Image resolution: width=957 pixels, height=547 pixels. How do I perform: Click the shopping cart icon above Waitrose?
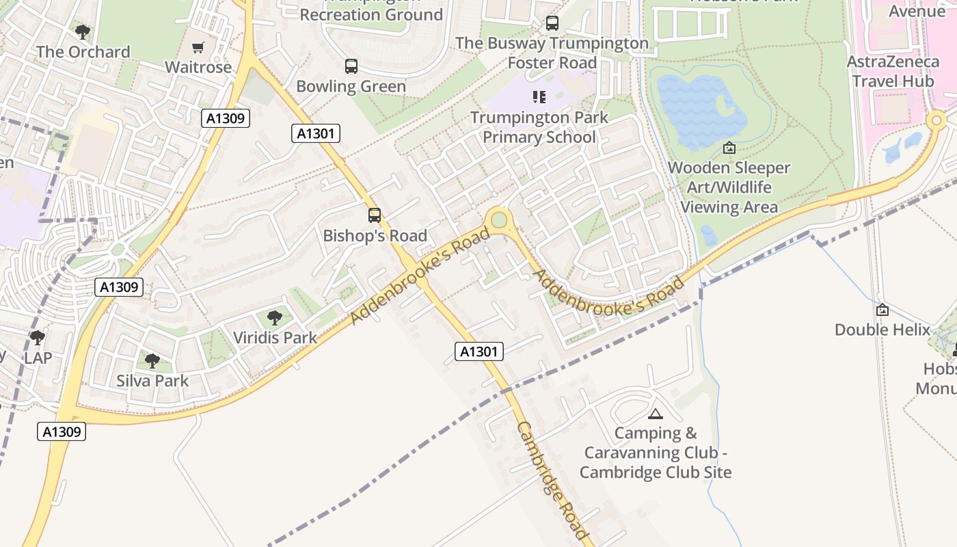(x=198, y=47)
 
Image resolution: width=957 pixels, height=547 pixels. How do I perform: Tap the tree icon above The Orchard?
(x=83, y=31)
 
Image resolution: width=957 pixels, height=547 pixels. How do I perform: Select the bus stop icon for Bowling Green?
(x=351, y=66)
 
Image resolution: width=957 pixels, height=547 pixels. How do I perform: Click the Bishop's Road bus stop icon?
(x=375, y=215)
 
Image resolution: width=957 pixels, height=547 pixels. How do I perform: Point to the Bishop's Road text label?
(x=375, y=236)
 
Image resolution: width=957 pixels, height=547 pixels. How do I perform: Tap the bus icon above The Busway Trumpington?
(x=552, y=23)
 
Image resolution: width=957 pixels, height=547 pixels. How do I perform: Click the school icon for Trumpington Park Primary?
(x=539, y=97)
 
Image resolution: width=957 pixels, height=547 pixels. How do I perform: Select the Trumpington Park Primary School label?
(x=539, y=127)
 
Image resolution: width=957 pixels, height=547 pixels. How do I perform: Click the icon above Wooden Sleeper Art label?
(x=729, y=148)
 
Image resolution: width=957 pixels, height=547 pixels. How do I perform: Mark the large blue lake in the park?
(x=701, y=109)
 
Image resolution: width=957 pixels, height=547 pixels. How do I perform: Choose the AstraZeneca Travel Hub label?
(x=893, y=71)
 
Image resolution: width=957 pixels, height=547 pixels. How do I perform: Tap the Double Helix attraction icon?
(x=882, y=310)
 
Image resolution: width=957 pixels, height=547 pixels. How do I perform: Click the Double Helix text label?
(x=882, y=330)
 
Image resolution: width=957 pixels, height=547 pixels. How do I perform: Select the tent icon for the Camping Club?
(x=656, y=414)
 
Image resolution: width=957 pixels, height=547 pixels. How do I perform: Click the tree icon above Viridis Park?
(x=275, y=317)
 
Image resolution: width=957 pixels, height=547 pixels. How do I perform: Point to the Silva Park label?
(x=152, y=381)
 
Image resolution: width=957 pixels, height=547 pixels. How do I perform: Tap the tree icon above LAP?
(x=38, y=337)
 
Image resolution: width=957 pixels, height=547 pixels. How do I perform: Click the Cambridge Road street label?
(x=552, y=481)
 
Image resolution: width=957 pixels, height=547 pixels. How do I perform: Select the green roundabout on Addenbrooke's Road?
(x=500, y=219)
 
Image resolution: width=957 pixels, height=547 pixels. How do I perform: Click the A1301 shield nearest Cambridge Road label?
(x=478, y=351)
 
